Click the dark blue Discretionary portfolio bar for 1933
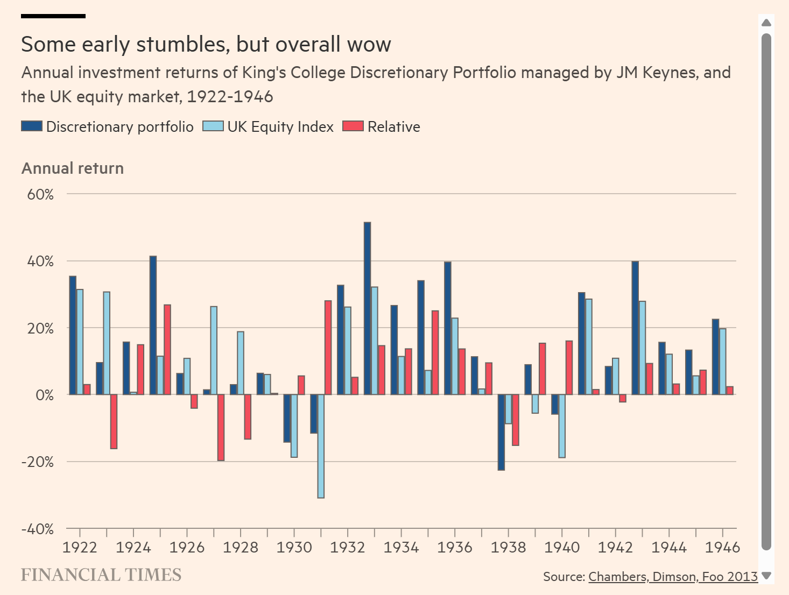[367, 308]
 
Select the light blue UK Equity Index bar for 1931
[321, 446]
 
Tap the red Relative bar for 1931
[328, 348]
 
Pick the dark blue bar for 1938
[501, 432]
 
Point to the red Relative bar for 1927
[221, 428]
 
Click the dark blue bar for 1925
[153, 325]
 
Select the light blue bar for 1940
[562, 426]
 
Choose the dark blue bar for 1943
[635, 328]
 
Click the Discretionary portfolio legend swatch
[32, 126]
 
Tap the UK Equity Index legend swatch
[213, 126]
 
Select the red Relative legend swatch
[353, 126]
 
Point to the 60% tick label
[40, 194]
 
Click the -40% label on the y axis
[38, 529]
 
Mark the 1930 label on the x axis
[294, 548]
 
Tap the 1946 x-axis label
[722, 548]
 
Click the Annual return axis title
[73, 168]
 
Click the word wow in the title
[369, 45]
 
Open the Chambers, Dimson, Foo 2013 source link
[673, 577]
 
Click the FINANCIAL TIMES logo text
[101, 575]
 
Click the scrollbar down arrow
[766, 576]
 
